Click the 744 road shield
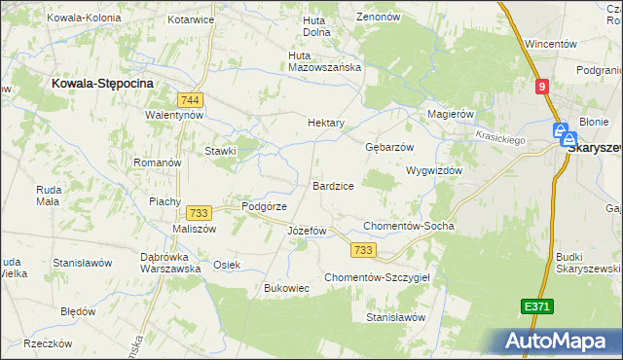(x=191, y=99)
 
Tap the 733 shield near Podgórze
(x=200, y=213)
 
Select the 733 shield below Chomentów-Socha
(x=364, y=250)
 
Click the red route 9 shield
(x=542, y=87)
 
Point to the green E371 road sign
(x=536, y=306)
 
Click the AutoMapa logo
(x=559, y=341)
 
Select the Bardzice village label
(x=333, y=185)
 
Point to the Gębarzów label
(x=389, y=146)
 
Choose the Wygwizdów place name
(x=433, y=169)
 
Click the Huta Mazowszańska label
(x=325, y=68)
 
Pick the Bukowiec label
(x=287, y=288)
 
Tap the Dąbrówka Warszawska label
(x=170, y=262)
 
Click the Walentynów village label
(x=173, y=114)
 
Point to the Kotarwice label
(x=191, y=18)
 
